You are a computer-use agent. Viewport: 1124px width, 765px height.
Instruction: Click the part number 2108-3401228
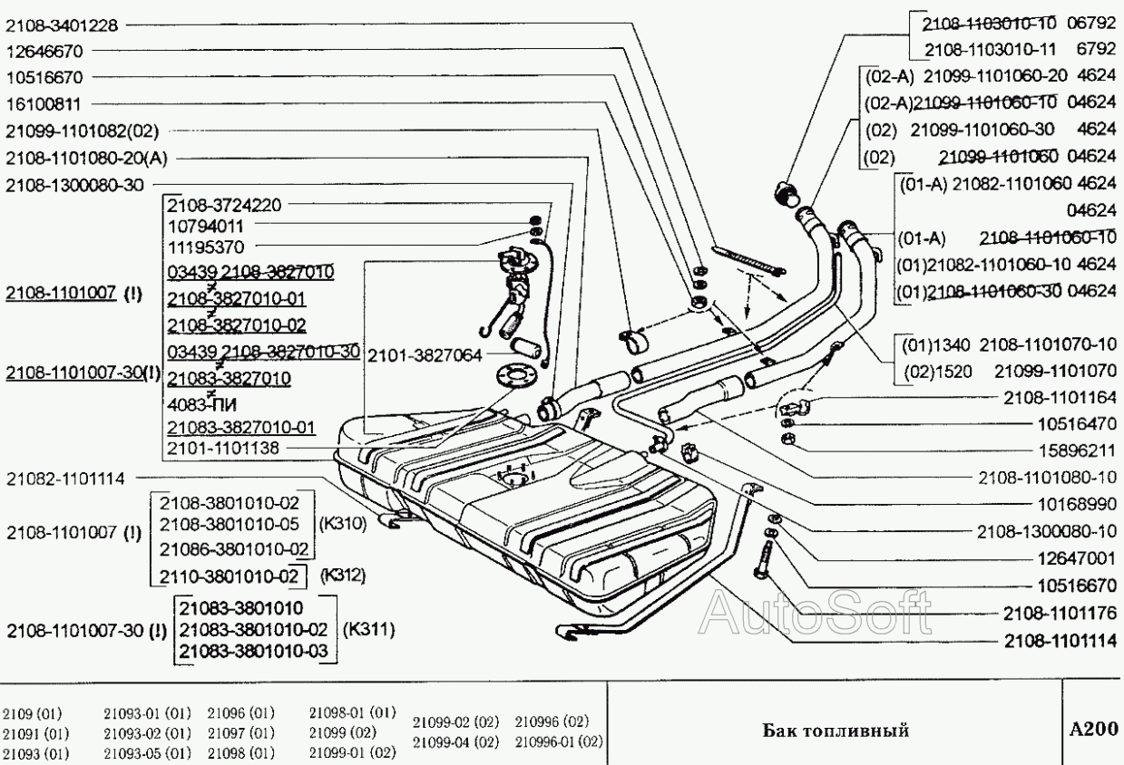pos(62,25)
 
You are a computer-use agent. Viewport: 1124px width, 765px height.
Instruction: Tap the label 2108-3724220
pos(224,206)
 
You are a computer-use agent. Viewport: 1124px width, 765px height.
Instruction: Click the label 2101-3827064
pos(425,354)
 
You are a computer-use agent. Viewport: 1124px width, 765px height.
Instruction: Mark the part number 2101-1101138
pos(224,448)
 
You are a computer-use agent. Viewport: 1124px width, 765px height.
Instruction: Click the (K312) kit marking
pos(344,575)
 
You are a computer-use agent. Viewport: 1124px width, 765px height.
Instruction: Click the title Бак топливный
pos(835,731)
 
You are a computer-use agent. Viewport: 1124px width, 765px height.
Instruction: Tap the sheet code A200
pos(1092,730)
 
